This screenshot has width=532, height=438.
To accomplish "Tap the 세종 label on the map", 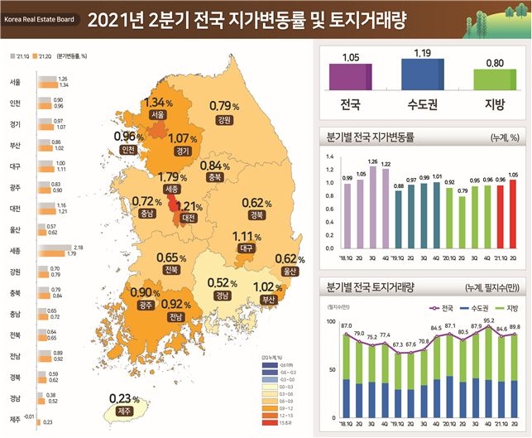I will click(171, 190).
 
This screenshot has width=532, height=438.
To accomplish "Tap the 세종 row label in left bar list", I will click(15, 249).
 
